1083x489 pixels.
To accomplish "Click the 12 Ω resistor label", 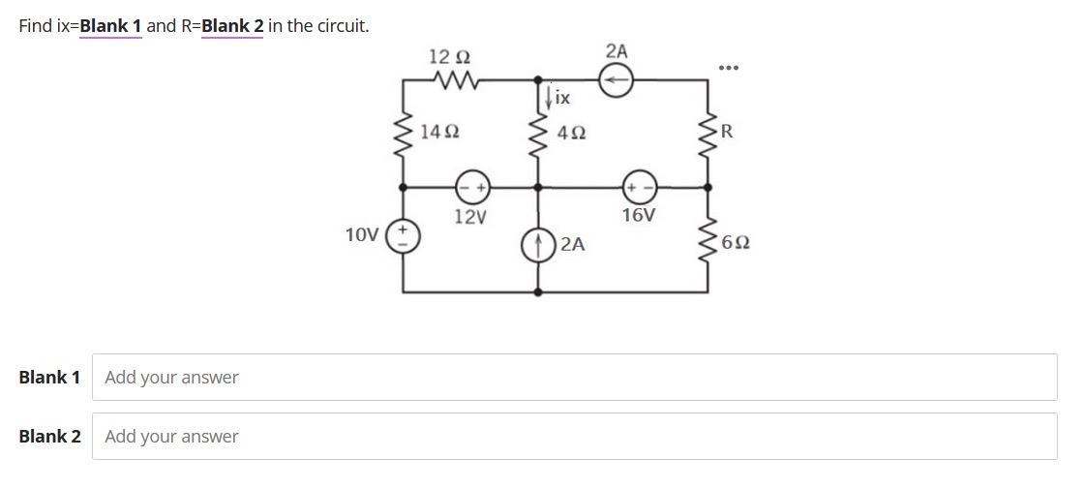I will click(449, 57).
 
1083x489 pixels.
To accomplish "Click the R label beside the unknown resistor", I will click(728, 132).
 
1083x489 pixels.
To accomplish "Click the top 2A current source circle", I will click(616, 83).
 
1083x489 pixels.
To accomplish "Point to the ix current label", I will click(560, 98).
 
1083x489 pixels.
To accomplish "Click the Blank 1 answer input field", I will click(575, 377).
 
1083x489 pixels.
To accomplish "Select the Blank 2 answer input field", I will click(575, 436).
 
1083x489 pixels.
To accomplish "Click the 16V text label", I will click(639, 214).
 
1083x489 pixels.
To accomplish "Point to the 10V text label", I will click(362, 235).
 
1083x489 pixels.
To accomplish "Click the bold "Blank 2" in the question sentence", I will click(231, 26).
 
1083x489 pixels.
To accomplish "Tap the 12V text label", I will click(469, 216).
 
